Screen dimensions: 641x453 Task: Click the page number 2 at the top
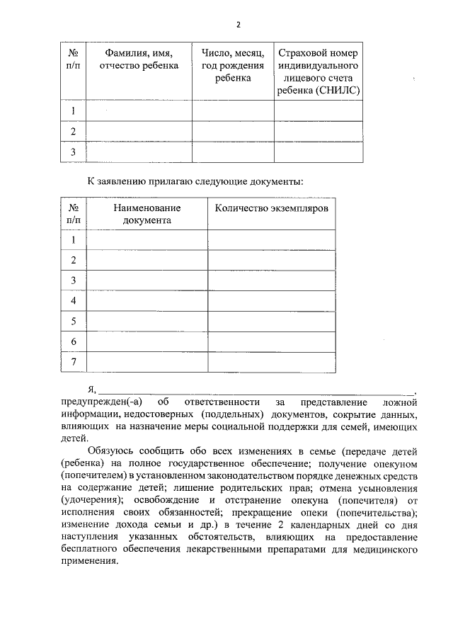pyautogui.click(x=239, y=25)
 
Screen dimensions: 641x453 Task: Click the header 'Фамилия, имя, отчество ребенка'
pyautogui.click(x=139, y=59)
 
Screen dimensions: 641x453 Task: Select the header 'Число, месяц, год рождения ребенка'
pyautogui.click(x=233, y=66)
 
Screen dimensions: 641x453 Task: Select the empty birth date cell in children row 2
pyautogui.click(x=233, y=132)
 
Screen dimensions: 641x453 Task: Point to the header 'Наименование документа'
pyautogui.click(x=147, y=214)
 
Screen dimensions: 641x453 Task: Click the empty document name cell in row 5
pyautogui.click(x=147, y=322)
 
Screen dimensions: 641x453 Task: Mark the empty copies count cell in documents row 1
pyautogui.click(x=271, y=240)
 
